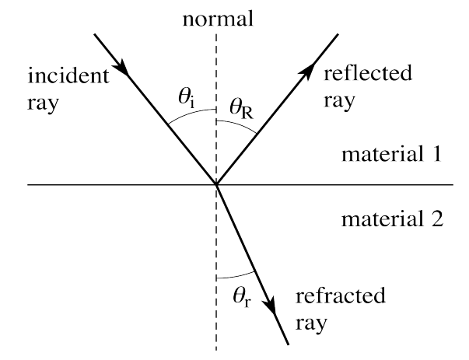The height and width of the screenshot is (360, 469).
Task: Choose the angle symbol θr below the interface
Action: tap(241, 295)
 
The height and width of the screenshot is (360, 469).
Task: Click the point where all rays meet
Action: tap(217, 185)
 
